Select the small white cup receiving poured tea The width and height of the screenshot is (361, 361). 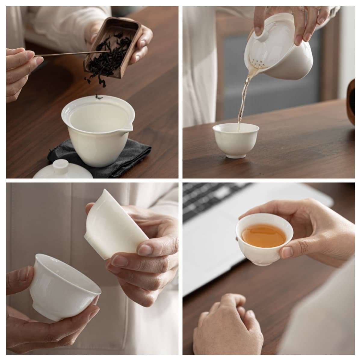(x=236, y=140)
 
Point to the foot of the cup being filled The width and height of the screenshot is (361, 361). (x=235, y=155)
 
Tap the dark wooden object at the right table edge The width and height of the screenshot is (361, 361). (x=351, y=102)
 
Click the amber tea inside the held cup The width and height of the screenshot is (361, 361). (x=264, y=235)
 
